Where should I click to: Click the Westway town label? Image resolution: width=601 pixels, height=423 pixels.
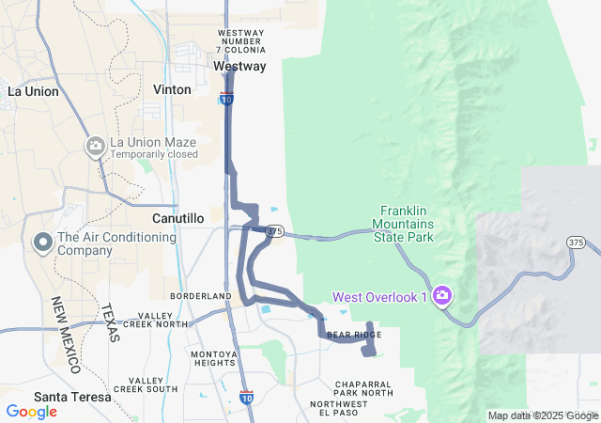239,67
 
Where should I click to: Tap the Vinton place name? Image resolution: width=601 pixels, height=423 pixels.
172,89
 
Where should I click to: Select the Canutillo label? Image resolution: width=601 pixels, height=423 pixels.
177,218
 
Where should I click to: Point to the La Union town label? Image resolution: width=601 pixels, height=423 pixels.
34,91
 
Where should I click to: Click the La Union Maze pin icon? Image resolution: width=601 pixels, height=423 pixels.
95,145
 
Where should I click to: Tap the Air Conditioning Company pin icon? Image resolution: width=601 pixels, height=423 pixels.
42,243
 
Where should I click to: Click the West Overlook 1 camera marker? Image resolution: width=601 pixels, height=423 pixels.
442,297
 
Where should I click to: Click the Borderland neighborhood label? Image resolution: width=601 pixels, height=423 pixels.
201,296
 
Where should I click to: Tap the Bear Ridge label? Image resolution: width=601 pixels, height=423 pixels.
353,335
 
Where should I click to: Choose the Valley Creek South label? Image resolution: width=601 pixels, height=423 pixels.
146,384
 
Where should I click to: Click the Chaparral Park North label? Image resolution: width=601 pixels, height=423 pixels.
363,387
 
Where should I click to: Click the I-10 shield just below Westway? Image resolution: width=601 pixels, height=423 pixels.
226,98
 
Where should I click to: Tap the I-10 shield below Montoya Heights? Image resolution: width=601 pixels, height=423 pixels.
246,398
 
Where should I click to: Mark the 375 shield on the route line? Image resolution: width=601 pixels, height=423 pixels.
274,230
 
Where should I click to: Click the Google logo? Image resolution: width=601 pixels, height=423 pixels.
31,412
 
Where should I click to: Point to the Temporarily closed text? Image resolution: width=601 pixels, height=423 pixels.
154,154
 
